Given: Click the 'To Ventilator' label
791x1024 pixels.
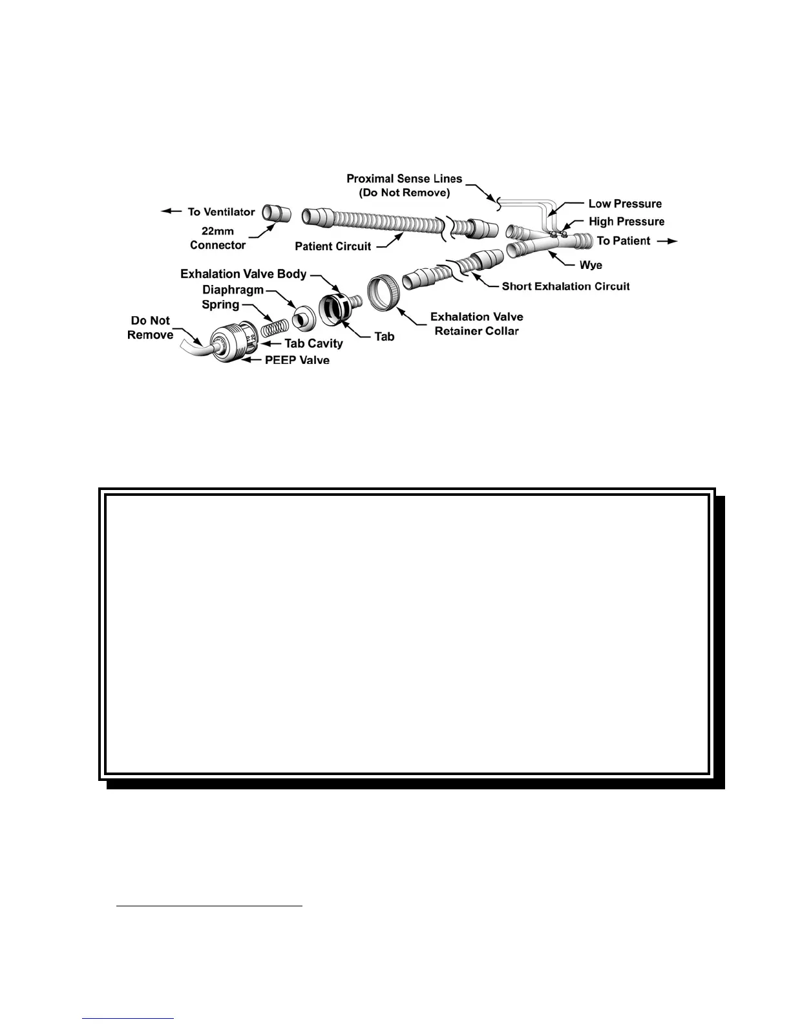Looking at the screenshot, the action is (x=221, y=211).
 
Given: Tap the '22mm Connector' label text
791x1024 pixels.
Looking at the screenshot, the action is (x=218, y=238).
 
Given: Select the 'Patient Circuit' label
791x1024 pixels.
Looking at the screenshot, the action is (x=333, y=246).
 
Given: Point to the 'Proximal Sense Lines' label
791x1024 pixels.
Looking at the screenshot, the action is (x=405, y=178).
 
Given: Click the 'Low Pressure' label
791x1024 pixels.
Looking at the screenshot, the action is (x=625, y=204).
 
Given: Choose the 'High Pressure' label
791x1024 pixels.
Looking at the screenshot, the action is (x=626, y=222).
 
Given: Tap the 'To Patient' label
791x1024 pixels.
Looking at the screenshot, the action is (x=623, y=240).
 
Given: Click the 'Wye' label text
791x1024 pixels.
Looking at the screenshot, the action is (x=591, y=265).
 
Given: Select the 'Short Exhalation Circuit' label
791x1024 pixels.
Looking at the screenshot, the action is (x=565, y=286).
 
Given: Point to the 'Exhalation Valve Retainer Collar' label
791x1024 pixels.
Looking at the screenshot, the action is (x=477, y=323).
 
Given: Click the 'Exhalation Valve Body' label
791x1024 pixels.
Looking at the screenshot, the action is (x=243, y=274).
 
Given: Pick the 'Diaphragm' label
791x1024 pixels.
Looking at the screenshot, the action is (x=233, y=290).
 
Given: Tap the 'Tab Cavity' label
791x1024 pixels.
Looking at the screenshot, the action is (x=313, y=343).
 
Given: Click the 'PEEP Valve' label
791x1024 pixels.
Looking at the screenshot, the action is (x=297, y=360).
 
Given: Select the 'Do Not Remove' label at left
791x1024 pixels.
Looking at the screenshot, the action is (x=151, y=327).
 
